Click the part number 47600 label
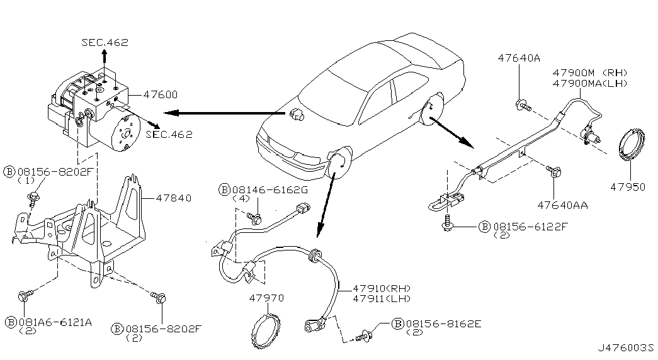point(161,95)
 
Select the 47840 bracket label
point(173,198)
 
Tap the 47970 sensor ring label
point(266,298)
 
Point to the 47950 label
point(628,187)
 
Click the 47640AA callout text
point(562,205)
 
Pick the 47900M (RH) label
point(589,72)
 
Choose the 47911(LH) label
point(382,299)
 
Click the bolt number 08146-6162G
point(270,189)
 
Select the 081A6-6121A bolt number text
point(54,322)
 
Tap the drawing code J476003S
point(626,348)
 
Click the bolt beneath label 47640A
point(523,105)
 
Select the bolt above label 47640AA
point(553,171)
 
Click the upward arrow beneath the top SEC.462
point(105,59)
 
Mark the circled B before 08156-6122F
point(485,227)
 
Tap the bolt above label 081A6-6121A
point(24,295)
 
